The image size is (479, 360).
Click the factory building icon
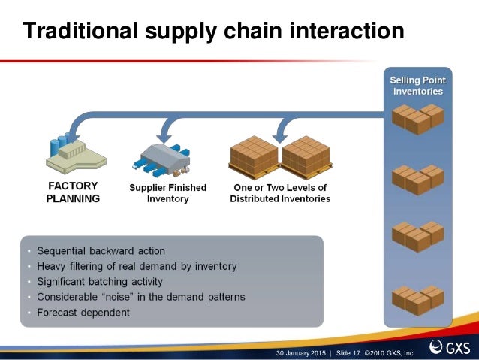[x=76, y=151]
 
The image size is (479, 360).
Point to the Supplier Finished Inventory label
[x=167, y=193]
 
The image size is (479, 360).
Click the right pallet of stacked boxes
[x=306, y=156]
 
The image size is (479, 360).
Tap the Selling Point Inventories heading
[x=417, y=86]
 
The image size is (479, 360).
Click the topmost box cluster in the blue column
[x=417, y=117]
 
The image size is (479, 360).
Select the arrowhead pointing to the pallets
[x=280, y=135]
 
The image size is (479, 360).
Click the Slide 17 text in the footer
[x=351, y=352]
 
